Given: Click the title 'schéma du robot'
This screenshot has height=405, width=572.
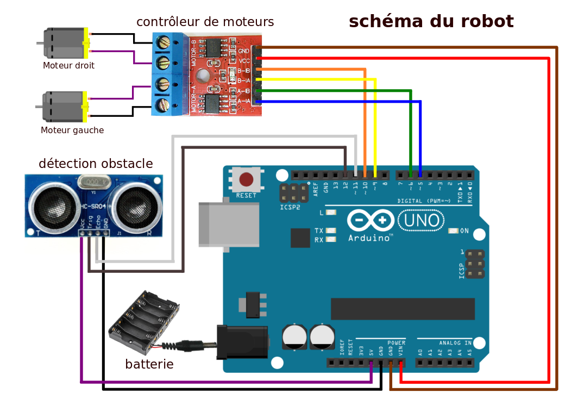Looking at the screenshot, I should click(x=431, y=21).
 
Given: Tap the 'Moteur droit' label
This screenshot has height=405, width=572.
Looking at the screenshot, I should click(x=68, y=66).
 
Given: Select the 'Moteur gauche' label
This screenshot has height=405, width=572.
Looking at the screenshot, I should click(x=72, y=130).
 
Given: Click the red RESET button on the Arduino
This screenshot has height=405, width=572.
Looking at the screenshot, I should click(x=246, y=179).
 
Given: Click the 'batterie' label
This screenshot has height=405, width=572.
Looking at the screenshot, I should click(x=149, y=364).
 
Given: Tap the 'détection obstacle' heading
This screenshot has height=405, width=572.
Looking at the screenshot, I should click(x=96, y=164).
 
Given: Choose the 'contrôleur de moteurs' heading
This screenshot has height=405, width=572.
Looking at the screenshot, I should click(x=205, y=22).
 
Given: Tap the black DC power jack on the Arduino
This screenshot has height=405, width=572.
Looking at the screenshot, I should click(x=242, y=342).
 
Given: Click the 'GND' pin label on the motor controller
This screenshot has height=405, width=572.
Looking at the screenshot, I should click(x=244, y=51).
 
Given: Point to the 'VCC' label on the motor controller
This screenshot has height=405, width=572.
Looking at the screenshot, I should click(x=244, y=61).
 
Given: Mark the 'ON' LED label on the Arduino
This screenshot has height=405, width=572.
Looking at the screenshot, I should click(x=464, y=231).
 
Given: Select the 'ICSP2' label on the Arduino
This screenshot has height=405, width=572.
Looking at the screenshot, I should click(x=290, y=207).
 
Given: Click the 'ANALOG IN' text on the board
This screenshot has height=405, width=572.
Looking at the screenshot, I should click(x=455, y=343).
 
